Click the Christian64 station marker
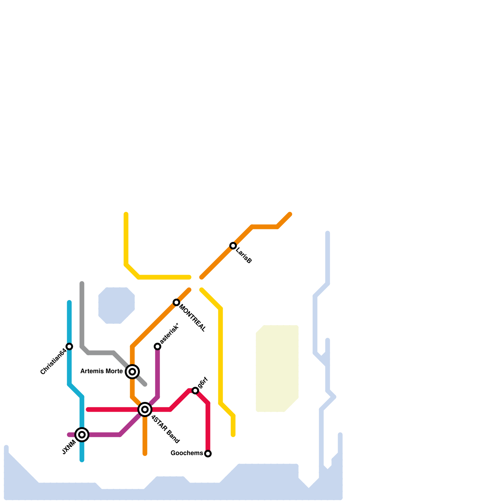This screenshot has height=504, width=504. tap(69, 346)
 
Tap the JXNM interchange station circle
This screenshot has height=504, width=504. tap(82, 435)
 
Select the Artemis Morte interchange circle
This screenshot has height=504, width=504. tap(132, 372)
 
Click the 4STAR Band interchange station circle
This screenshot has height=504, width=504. tap(145, 409)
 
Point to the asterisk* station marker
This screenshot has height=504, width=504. tap(157, 346)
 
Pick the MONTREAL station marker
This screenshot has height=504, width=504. tap(176, 302)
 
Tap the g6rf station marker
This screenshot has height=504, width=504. tap(195, 391)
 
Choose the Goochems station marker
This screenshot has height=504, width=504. tap(208, 454)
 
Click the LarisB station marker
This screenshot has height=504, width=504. tap(233, 246)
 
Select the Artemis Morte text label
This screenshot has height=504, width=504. tap(101, 371)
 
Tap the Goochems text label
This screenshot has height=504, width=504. tap(187, 453)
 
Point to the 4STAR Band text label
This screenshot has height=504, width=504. tap(165, 429)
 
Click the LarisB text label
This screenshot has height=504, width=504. tap(243, 256)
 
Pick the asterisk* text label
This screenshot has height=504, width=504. tap(169, 334)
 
